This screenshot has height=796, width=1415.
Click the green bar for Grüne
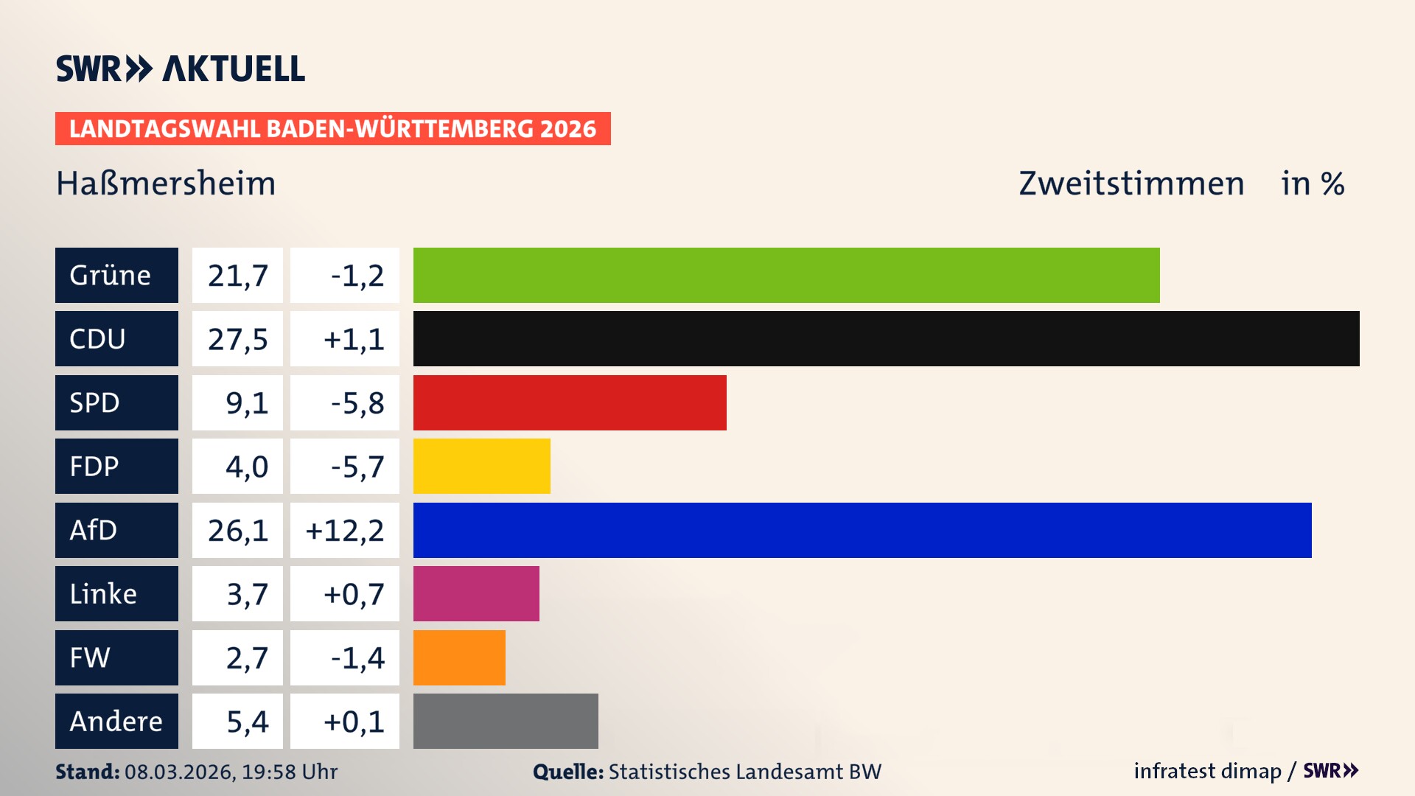(x=786, y=275)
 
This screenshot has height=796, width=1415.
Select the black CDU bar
(x=886, y=338)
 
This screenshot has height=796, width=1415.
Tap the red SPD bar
(x=569, y=402)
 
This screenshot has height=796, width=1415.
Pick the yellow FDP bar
(x=481, y=466)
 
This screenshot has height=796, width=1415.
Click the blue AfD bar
(x=862, y=530)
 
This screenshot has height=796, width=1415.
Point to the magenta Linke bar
(x=476, y=593)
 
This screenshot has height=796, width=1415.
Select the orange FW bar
(x=459, y=657)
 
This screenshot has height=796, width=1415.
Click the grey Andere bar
(x=506, y=721)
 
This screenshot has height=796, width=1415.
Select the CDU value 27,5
(x=237, y=339)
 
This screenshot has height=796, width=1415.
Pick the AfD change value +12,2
(x=344, y=530)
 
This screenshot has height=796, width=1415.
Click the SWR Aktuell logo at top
(x=181, y=69)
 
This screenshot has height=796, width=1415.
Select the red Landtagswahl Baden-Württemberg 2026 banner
(x=332, y=128)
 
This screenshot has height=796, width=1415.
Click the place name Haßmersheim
(x=166, y=183)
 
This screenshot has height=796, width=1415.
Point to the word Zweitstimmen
(x=1131, y=183)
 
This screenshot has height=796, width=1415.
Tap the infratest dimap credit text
(x=1207, y=771)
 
